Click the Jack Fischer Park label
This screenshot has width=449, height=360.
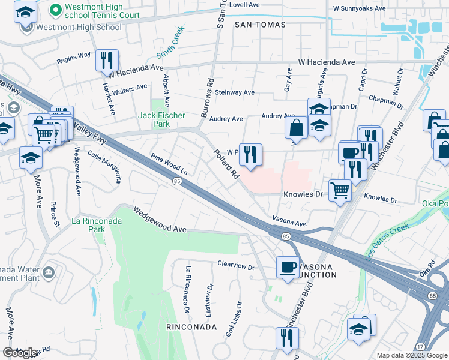coord(161,119)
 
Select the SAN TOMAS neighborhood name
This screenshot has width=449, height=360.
coord(260,25)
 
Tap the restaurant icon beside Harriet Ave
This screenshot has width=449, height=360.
coord(107,60)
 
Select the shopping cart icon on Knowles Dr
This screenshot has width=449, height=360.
coord(340,191)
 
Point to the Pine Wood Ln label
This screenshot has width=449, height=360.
coord(169,164)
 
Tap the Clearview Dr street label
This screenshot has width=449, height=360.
coord(236,263)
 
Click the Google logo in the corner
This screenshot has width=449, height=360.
coord(20,353)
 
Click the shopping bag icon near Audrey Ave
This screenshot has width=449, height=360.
coord(297,128)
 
